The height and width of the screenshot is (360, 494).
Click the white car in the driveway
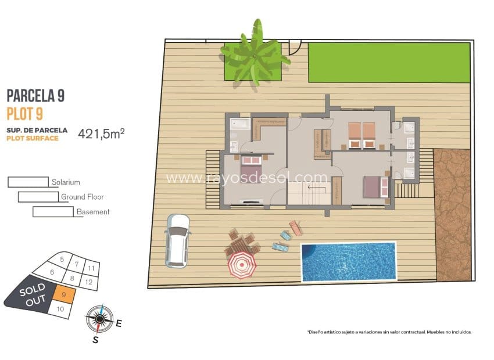[177, 240]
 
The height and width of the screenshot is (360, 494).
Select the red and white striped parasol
[241, 265]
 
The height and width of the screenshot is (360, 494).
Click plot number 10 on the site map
[60, 309]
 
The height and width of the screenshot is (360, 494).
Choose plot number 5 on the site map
[61, 260]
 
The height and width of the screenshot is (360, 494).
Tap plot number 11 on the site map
[91, 268]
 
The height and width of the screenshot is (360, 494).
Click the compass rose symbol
[99, 318]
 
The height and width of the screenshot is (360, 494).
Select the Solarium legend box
[28, 182]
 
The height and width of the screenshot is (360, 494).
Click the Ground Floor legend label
[82, 197]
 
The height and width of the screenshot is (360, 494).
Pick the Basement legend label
[93, 212]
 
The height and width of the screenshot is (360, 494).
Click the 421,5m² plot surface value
[102, 134]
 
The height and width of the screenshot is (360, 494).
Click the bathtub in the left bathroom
[239, 123]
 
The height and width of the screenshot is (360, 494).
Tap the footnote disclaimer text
[389, 332]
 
